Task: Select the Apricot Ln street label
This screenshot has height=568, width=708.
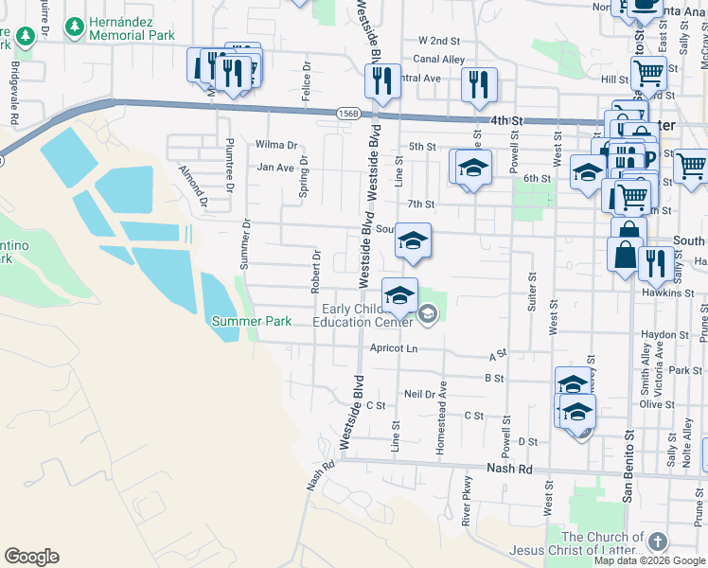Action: coord(393,348)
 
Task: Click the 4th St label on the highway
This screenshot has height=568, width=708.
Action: coord(506,121)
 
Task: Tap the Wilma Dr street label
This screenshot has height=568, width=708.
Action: coord(276,146)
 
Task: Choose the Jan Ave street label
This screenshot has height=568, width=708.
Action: coord(275,167)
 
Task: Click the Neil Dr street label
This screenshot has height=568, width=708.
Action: coord(417,393)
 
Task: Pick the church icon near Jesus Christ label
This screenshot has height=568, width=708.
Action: coord(658,541)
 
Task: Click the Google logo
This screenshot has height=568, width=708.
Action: coord(31,557)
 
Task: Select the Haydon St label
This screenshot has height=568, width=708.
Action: coord(664,334)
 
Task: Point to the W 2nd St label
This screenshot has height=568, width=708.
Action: coord(438,42)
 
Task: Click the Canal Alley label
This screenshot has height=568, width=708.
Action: coord(441,60)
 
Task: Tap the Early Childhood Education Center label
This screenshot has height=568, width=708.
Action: coord(367,315)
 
